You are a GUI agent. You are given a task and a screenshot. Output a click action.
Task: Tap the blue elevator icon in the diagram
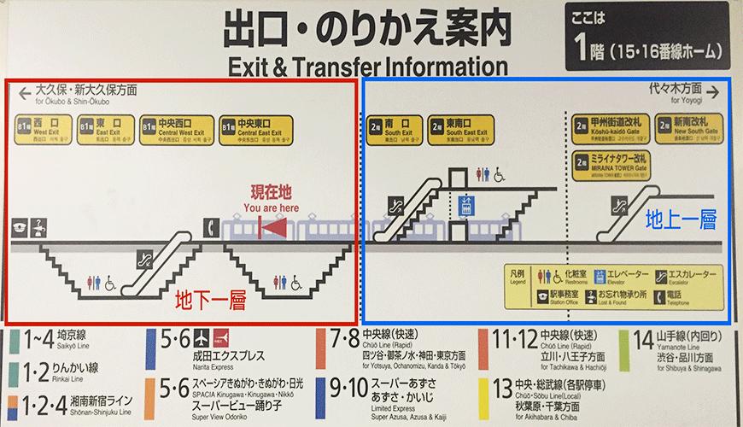pyautogui.click(x=465, y=206)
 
